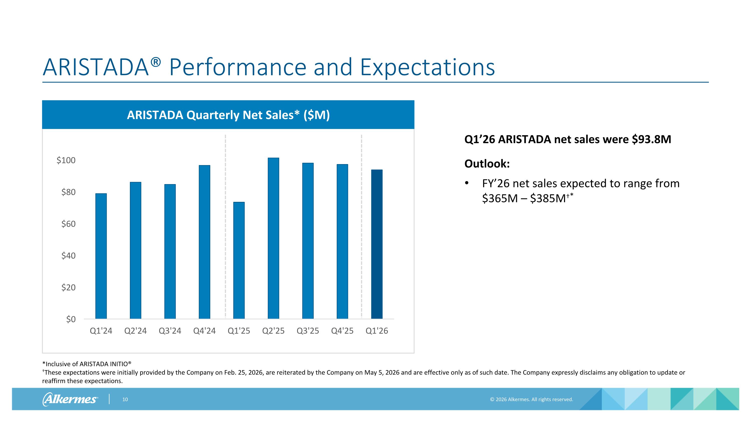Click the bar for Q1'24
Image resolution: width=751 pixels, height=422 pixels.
101,256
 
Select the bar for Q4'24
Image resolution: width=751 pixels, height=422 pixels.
204,242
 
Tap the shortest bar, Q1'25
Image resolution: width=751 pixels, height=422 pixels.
239,260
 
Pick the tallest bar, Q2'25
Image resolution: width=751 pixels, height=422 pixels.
273,238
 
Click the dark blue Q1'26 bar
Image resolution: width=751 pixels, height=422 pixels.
377,244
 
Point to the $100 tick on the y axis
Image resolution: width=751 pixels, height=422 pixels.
66,160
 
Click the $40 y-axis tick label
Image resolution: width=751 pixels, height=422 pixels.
69,256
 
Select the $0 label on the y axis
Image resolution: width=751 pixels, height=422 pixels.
71,319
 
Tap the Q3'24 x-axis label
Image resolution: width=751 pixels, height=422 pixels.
170,331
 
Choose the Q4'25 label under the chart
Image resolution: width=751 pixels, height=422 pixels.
342,331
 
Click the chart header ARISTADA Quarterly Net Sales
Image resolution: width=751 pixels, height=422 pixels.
228,115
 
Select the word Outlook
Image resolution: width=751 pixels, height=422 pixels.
487,164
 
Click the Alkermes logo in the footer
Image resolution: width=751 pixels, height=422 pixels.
70,399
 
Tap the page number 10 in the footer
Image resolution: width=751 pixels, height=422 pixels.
125,399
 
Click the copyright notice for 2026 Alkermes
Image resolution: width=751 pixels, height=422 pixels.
531,399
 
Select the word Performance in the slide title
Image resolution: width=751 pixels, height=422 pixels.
238,67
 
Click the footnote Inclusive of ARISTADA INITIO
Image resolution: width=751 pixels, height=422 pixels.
87,364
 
